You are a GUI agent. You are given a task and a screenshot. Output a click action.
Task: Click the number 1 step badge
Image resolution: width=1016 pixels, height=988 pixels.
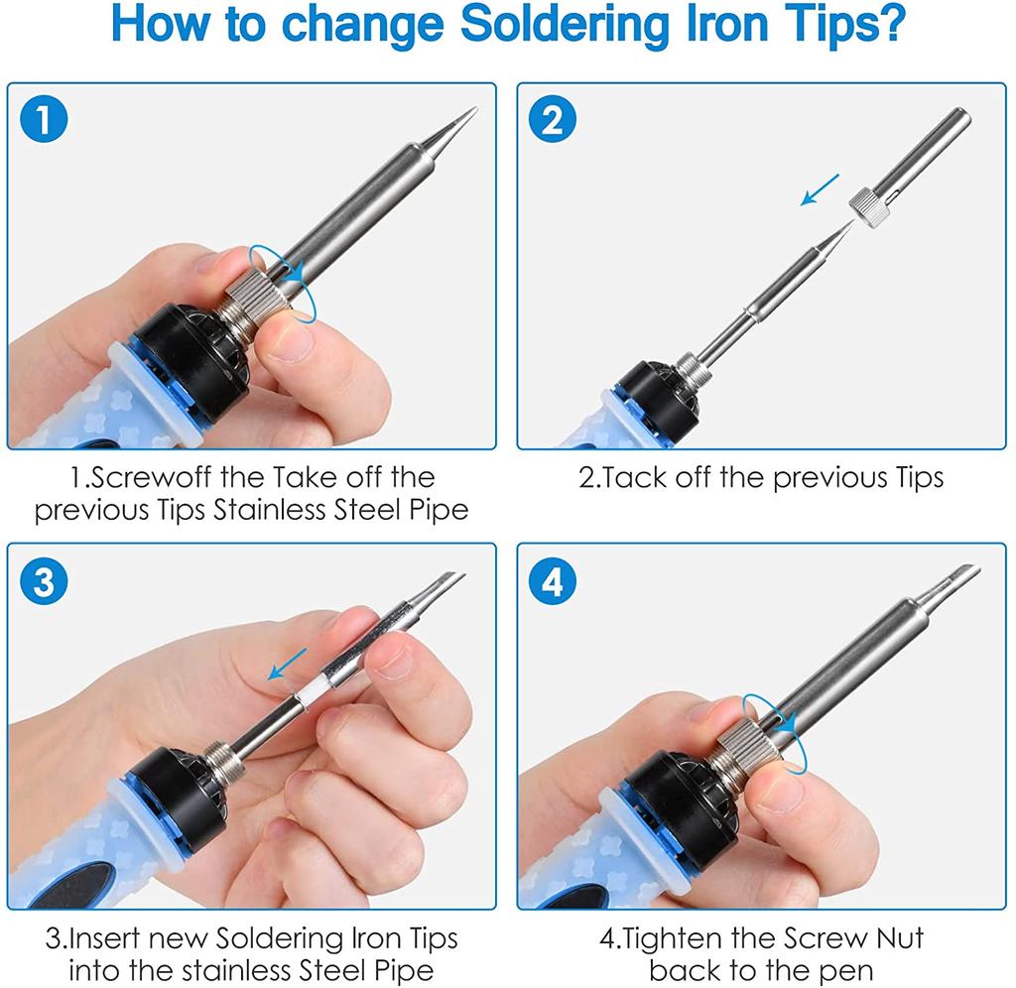pos(44,119)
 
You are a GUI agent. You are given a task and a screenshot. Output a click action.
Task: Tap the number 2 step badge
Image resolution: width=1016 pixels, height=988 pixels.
pos(552,119)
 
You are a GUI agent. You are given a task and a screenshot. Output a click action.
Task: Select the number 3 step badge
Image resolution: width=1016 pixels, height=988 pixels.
pos(44,580)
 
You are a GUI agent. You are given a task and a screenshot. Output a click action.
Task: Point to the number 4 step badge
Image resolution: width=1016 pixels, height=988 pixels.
pos(552,580)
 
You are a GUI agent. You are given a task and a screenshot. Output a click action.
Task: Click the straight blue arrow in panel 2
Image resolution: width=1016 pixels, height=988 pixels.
pos(820,189)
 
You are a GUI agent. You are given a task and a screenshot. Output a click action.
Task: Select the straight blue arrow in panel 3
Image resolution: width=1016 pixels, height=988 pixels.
pos(288,664)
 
